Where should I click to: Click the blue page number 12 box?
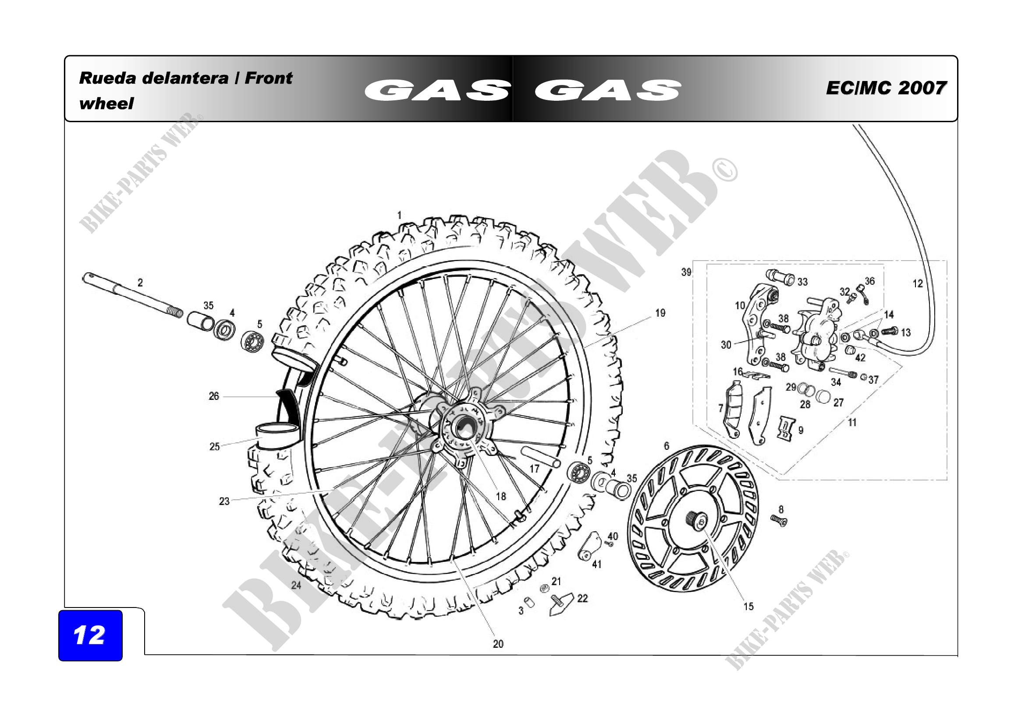tap(90, 635)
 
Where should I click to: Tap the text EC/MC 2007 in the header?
tap(886, 88)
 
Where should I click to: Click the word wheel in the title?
tap(106, 104)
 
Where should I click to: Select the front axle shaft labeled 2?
tap(133, 295)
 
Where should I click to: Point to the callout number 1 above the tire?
tap(400, 215)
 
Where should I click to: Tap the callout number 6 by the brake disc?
tap(667, 446)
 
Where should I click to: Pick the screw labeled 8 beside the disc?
tap(779, 521)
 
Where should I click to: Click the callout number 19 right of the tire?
tap(660, 313)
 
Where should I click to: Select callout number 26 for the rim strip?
tap(214, 396)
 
